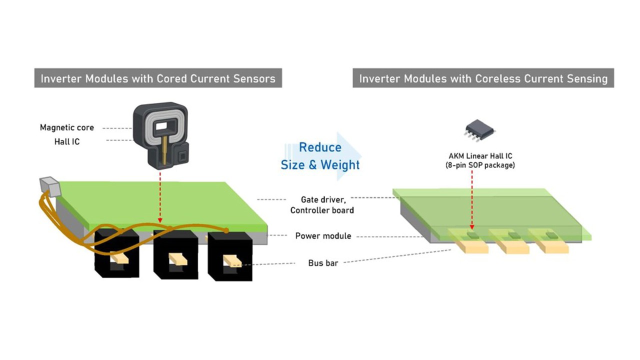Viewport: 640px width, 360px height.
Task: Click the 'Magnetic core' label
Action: [x=66, y=127]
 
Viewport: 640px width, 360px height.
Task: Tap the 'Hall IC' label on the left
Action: [x=66, y=141]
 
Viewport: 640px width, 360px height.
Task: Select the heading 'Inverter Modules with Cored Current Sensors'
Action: [x=158, y=78]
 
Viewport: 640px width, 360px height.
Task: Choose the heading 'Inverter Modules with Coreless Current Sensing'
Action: [x=483, y=78]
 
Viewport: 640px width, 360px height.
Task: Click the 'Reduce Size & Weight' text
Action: [x=320, y=156]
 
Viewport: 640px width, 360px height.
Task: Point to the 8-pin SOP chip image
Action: [x=479, y=130]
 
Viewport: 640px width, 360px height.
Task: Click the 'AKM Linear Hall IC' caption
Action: [x=479, y=156]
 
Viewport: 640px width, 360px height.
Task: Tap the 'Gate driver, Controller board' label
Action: [x=322, y=204]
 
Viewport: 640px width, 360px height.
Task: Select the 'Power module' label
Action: [x=323, y=236]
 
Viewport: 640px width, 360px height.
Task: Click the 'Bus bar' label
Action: [x=323, y=262]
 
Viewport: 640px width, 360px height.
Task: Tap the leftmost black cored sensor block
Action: [x=116, y=254]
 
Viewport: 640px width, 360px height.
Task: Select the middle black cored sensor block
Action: [x=175, y=255]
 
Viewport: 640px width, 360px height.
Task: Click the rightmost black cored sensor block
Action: [x=230, y=256]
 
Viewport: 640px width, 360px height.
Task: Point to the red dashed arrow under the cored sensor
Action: [x=159, y=197]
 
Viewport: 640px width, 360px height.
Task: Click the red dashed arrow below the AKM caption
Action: [x=471, y=200]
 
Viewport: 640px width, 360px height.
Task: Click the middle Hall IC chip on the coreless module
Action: [x=513, y=234]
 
